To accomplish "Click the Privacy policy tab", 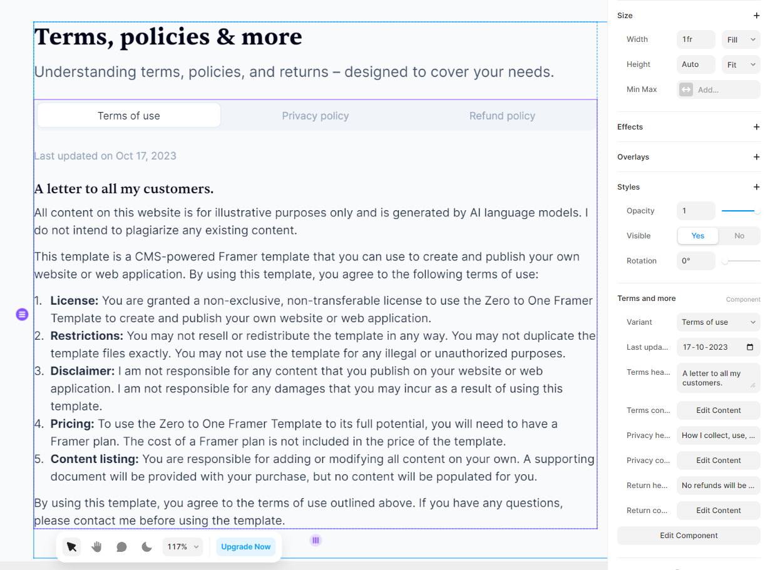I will point(315,116).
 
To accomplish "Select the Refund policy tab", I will point(502,116).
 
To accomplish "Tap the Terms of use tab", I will point(129,116).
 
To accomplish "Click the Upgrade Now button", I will point(245,547).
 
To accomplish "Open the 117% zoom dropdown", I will point(182,547).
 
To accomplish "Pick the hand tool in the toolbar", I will point(96,547).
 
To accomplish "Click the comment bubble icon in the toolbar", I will point(121,547).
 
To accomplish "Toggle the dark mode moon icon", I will point(146,547).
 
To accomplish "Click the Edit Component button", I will point(689,536).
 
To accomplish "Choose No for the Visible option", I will point(739,236).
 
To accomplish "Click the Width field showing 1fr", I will point(696,39).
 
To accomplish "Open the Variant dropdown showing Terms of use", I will point(718,322).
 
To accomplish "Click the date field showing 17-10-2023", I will point(718,347).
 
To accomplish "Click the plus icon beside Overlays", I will point(756,157).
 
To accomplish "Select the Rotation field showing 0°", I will point(696,261).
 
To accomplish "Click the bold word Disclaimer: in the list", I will point(83,371).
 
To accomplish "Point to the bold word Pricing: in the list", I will point(72,424).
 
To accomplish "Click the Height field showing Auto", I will point(696,64).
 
